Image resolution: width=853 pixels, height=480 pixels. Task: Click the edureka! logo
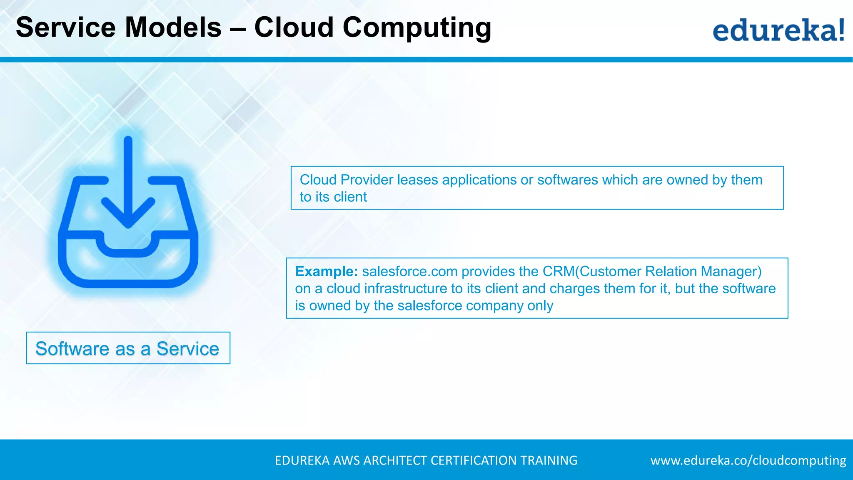click(x=778, y=30)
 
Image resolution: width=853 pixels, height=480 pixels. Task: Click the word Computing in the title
click(x=417, y=27)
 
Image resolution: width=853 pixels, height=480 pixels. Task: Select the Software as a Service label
click(x=127, y=348)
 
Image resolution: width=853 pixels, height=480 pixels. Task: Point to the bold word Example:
click(x=326, y=271)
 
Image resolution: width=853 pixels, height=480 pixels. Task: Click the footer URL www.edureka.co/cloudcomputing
click(x=748, y=460)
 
